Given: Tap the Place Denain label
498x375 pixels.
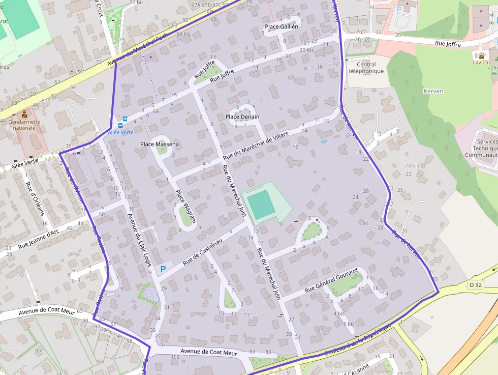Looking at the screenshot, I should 242,117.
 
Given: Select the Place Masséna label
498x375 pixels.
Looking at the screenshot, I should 160,145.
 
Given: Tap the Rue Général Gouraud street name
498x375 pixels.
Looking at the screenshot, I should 331,280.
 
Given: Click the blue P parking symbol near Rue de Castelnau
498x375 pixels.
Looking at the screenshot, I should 163,269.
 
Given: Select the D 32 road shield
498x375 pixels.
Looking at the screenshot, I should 476,285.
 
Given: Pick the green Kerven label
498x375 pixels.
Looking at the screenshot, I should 433,92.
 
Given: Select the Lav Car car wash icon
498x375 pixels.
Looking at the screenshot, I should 481,54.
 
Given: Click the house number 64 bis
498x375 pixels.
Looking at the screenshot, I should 186,34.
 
